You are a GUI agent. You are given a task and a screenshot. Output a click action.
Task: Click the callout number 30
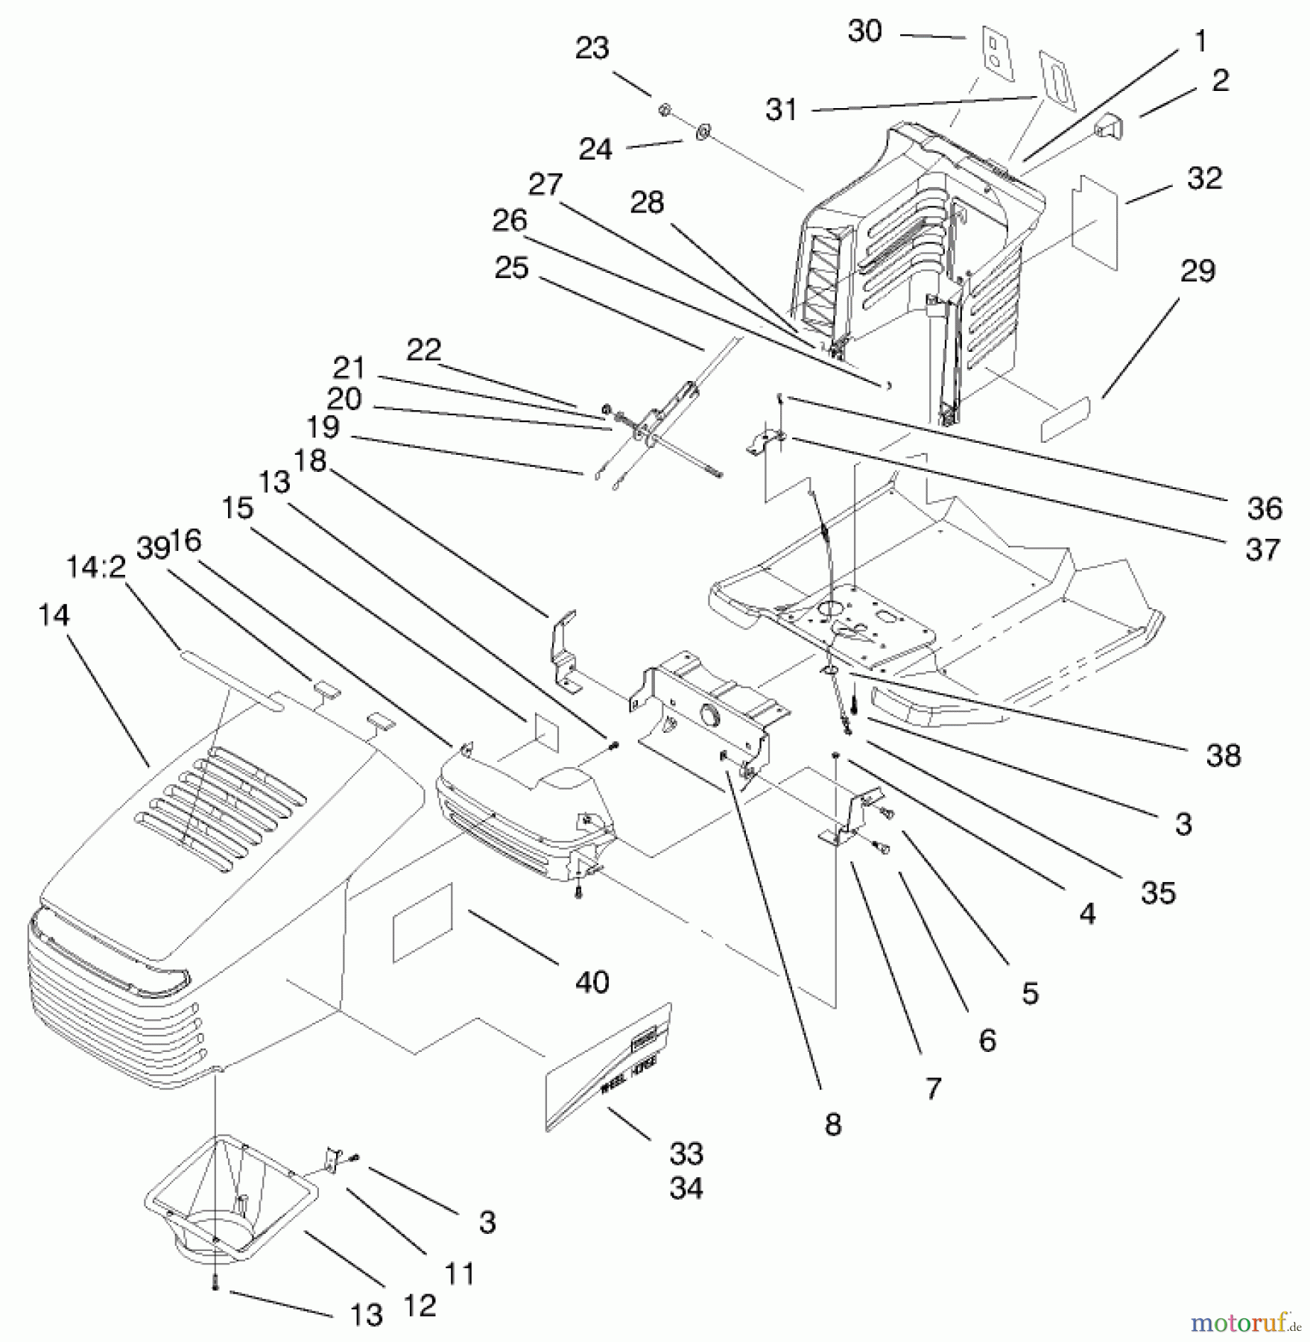point(864,32)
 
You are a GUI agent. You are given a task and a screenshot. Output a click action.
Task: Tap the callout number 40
point(592,982)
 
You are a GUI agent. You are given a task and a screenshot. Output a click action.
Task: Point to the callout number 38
point(1223,755)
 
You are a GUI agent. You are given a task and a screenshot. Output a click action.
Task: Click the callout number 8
point(833,1124)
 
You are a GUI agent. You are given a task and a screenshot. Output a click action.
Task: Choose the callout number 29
point(1197,271)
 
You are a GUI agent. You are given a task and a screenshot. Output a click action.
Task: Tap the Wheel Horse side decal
point(607,1067)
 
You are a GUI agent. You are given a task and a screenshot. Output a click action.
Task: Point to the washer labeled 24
point(702,133)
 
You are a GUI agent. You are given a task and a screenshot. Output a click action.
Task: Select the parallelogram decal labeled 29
point(1065,419)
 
